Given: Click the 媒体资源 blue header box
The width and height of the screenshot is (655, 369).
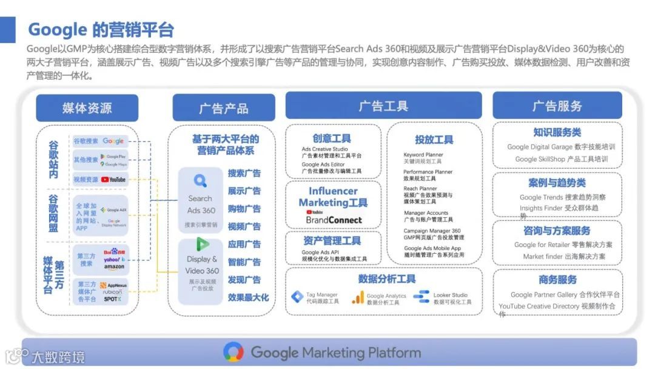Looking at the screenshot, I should (87, 108).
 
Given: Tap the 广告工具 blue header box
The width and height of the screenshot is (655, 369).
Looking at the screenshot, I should (383, 106).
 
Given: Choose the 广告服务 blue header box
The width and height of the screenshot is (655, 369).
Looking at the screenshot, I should (557, 106).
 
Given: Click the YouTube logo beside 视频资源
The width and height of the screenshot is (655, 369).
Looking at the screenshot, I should (113, 180).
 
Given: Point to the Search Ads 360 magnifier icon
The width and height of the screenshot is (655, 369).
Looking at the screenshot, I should (200, 180).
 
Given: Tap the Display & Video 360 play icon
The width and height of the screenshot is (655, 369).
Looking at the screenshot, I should (202, 245).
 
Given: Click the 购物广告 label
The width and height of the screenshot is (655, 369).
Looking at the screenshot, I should (244, 209).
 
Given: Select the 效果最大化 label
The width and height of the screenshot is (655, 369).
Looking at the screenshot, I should (248, 297).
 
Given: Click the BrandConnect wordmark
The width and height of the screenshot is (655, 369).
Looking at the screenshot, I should (334, 220).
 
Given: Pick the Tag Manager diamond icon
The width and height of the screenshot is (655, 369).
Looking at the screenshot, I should (297, 297).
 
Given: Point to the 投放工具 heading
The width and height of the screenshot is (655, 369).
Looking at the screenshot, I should (434, 140).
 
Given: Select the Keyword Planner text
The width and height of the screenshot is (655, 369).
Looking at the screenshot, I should (423, 155).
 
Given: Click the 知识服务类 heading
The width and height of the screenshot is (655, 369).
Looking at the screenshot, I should (557, 132).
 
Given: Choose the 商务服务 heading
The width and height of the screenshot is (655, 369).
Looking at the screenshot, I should (557, 280).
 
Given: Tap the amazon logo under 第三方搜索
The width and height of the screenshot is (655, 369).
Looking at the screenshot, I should (113, 266).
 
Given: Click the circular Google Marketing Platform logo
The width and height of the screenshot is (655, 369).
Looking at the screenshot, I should (233, 352).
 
